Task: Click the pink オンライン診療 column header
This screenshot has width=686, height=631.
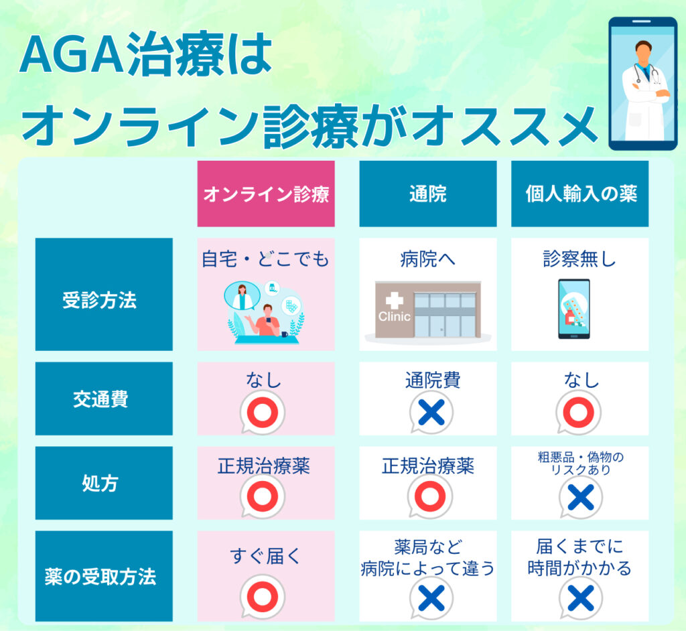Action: pos(266,194)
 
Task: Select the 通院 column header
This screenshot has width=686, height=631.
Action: pos(428,194)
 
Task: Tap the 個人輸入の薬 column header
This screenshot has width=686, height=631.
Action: pos(579,194)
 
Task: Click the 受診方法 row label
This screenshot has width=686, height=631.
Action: pos(104,294)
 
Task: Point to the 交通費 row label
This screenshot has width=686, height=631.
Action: pos(104,399)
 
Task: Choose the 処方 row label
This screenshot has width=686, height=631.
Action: pos(104,483)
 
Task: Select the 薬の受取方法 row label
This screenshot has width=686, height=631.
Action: pos(104,576)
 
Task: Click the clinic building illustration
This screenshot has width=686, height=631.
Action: pos(428,311)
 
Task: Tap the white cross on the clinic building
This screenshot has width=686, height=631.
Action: pos(394,301)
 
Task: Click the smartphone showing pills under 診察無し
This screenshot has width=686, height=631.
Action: pos(574,309)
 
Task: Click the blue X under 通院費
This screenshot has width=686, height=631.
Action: pos(431,412)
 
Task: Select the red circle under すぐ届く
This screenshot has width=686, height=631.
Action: pos(263,597)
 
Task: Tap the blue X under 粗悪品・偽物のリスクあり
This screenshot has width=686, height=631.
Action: pos(581,498)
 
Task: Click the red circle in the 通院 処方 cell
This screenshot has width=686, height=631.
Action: pos(429,496)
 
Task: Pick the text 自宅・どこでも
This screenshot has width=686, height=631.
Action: pos(265,259)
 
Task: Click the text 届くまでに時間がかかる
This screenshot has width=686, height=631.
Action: pos(579,557)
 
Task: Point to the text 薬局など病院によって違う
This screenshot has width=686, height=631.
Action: pos(428,558)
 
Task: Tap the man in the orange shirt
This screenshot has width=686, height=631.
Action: pos(265,320)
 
